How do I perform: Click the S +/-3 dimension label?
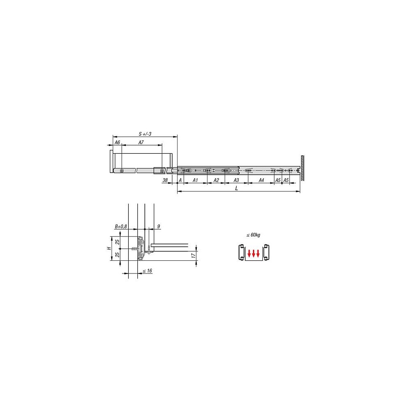[x=145, y=134]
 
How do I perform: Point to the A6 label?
[x=117, y=142]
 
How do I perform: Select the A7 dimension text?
[x=141, y=142]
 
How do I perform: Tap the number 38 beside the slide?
[x=165, y=180]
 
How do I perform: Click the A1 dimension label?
[x=195, y=180]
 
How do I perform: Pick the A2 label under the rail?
[x=216, y=180]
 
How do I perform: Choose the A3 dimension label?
[x=236, y=180]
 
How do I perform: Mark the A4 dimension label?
[x=261, y=180]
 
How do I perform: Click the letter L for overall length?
[x=237, y=188]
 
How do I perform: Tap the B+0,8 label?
[x=121, y=226]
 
